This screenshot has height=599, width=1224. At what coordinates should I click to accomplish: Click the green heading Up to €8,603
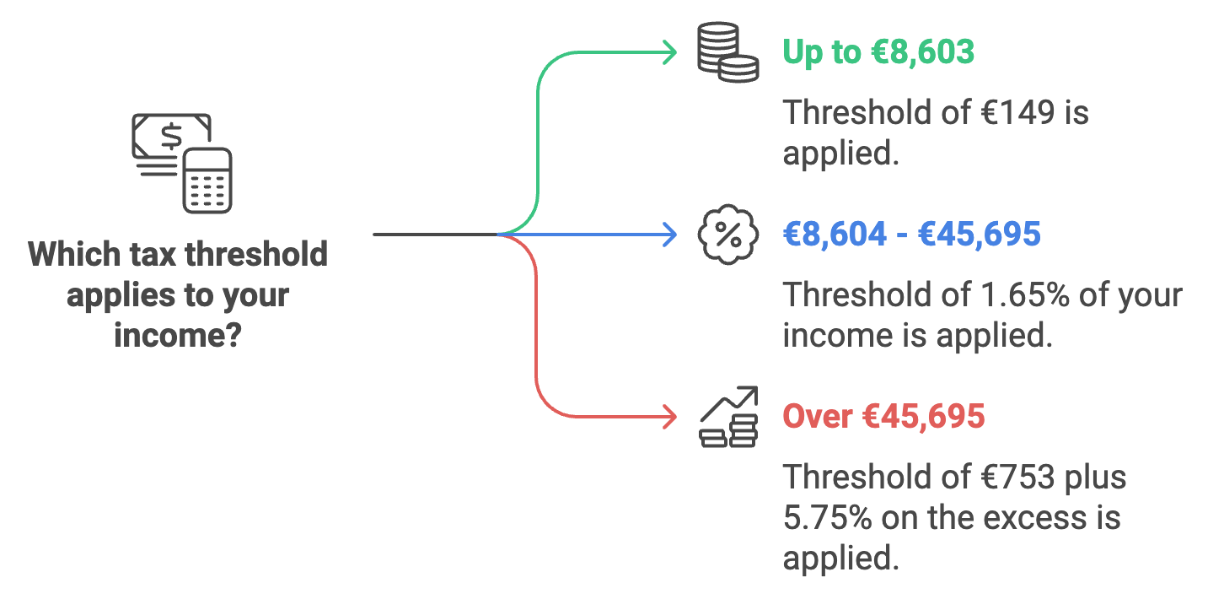click(878, 52)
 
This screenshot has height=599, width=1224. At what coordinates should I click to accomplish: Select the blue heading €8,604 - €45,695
click(911, 234)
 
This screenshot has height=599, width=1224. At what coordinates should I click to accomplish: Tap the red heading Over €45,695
click(883, 416)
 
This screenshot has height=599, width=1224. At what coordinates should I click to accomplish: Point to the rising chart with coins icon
click(729, 417)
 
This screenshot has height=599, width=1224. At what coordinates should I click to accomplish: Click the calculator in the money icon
click(207, 180)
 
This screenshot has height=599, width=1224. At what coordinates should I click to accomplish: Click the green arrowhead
click(671, 52)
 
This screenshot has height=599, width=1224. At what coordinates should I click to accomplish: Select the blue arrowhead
click(671, 234)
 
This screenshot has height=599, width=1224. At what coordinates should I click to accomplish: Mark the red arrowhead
click(671, 417)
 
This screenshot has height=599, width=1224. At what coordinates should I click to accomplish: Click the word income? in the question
click(178, 336)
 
